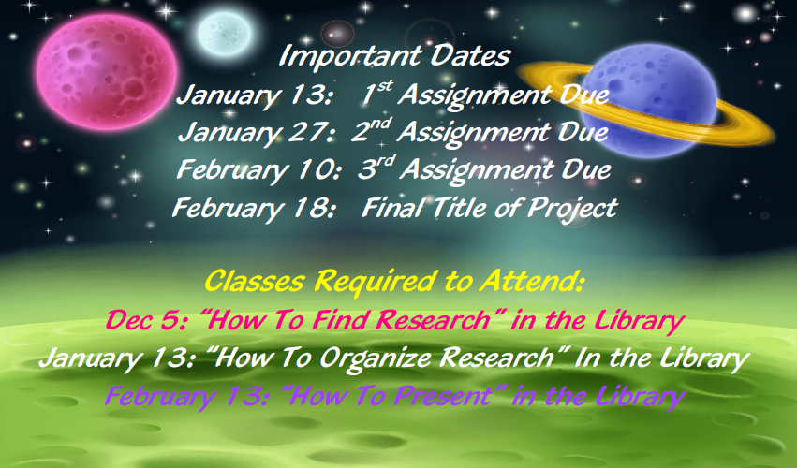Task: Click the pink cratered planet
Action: click(x=107, y=71)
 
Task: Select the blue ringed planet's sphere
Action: click(x=649, y=100)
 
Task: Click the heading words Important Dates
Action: click(x=394, y=56)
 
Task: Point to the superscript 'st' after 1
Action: click(x=384, y=86)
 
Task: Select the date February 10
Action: click(x=258, y=170)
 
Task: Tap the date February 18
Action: click(x=253, y=209)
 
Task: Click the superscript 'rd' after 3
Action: click(x=387, y=162)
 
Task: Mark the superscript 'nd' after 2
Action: click(x=380, y=124)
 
